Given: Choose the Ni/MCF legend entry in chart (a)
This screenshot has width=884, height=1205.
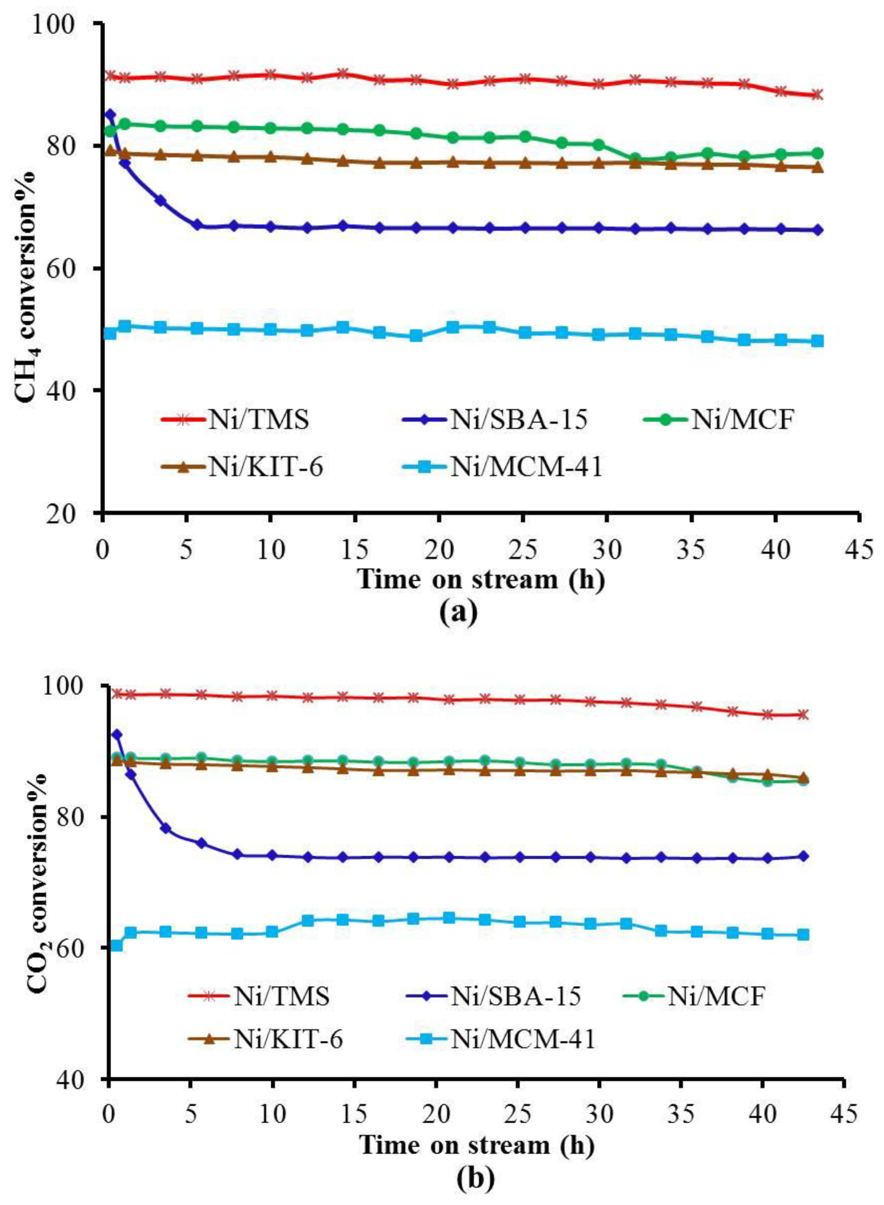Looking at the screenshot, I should [742, 420].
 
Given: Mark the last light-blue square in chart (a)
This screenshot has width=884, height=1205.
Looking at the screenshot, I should [817, 341].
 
